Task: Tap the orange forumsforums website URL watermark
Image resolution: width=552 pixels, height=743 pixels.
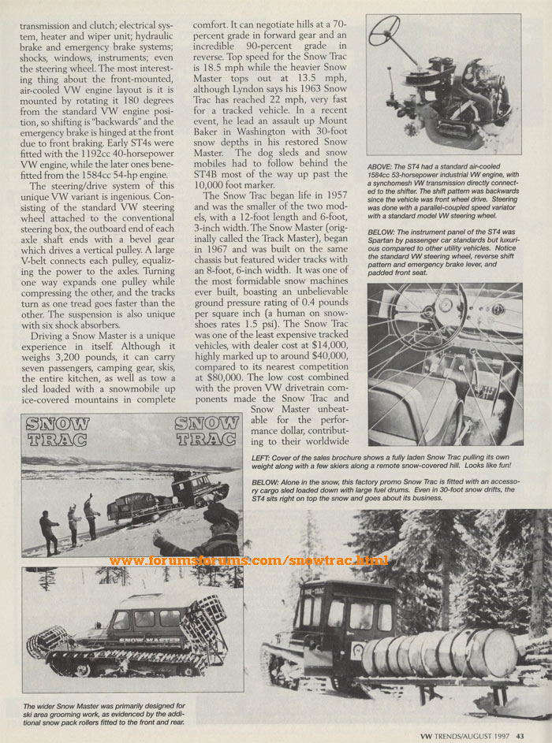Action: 248,560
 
